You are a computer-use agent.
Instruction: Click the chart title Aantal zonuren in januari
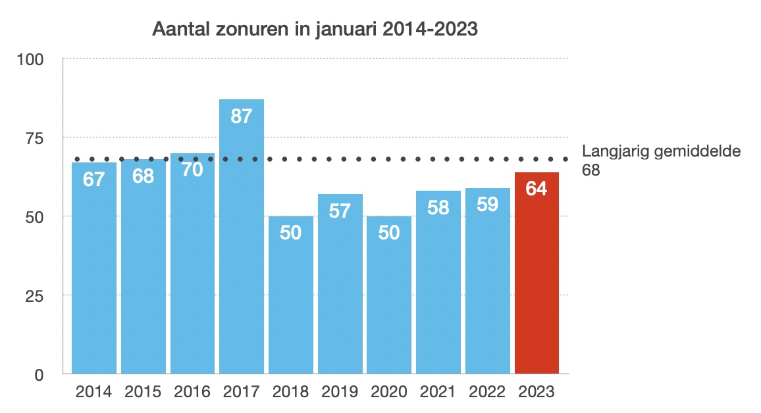(315, 30)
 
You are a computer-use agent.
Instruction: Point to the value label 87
(242, 116)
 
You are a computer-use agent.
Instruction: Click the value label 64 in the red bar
(537, 189)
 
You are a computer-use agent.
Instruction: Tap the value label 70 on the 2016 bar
(192, 170)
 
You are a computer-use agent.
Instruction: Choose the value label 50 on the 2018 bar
(290, 233)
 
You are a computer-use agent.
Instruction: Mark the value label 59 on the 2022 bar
(487, 205)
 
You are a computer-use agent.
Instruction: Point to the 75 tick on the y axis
(33, 138)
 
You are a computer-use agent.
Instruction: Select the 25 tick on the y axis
(33, 296)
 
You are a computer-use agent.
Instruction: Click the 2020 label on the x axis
(389, 393)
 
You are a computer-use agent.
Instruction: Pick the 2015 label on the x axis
(143, 393)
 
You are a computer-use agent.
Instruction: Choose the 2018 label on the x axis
(290, 393)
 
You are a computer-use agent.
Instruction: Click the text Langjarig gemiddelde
(662, 152)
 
